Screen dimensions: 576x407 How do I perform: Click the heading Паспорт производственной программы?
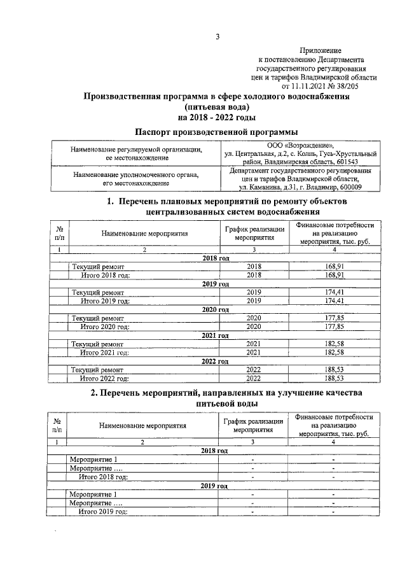(216, 131)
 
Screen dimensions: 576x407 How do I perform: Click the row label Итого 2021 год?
(104, 352)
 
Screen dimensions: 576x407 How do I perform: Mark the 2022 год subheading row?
(216, 361)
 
